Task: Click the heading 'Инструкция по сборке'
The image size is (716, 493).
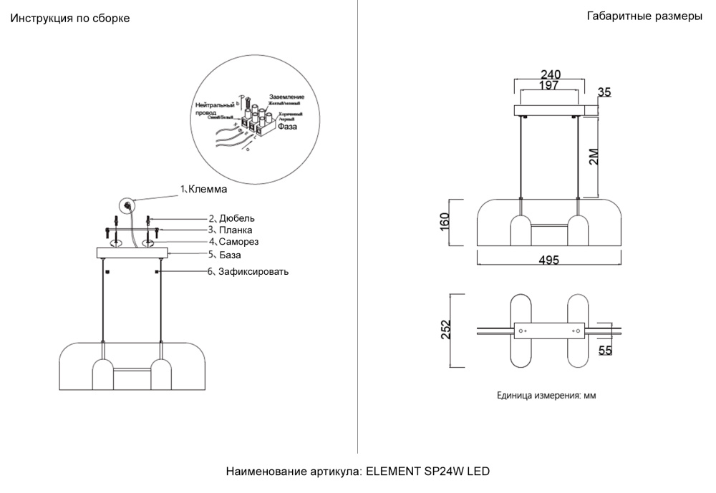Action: [69, 19]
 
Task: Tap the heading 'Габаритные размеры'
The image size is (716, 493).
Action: [644, 16]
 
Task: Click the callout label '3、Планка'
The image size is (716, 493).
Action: [231, 230]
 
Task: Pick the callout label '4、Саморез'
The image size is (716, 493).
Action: [233, 242]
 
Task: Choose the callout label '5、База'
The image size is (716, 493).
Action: [225, 254]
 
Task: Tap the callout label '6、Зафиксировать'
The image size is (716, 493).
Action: [248, 272]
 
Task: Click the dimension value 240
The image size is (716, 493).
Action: [550, 74]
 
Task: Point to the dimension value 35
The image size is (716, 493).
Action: [604, 92]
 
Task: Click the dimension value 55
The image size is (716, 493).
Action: [605, 351]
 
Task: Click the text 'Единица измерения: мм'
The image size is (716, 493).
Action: [546, 395]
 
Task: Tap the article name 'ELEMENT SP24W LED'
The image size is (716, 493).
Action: [428, 472]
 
